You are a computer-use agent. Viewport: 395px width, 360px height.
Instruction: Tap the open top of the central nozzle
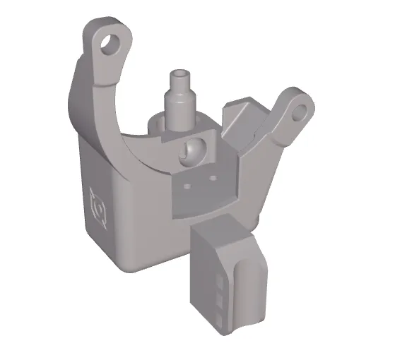click(x=182, y=73)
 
